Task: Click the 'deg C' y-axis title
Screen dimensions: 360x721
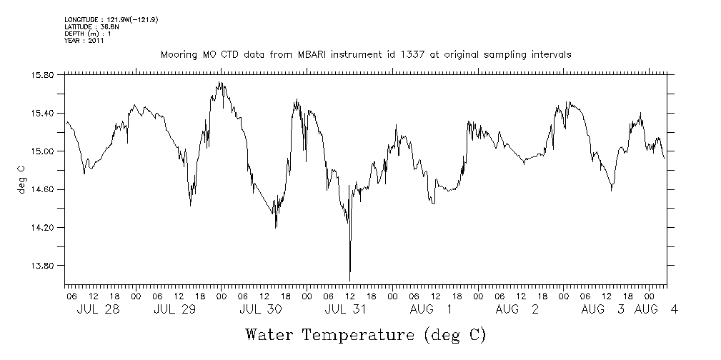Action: pos(21,179)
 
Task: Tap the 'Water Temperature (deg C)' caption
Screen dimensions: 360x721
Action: pos(365,334)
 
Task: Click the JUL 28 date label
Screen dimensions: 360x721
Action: pos(98,309)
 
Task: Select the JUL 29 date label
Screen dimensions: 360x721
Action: pos(174,309)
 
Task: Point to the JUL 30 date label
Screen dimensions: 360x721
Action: pos(260,309)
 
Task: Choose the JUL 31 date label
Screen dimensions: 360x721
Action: pos(346,309)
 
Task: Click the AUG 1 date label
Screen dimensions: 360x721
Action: pos(431,309)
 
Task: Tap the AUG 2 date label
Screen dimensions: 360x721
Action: pos(516,309)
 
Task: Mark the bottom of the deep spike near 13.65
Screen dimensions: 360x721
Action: pos(349,281)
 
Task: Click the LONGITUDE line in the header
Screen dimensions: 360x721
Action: pos(111,20)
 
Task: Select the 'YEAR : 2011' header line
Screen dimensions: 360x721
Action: pos(84,41)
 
